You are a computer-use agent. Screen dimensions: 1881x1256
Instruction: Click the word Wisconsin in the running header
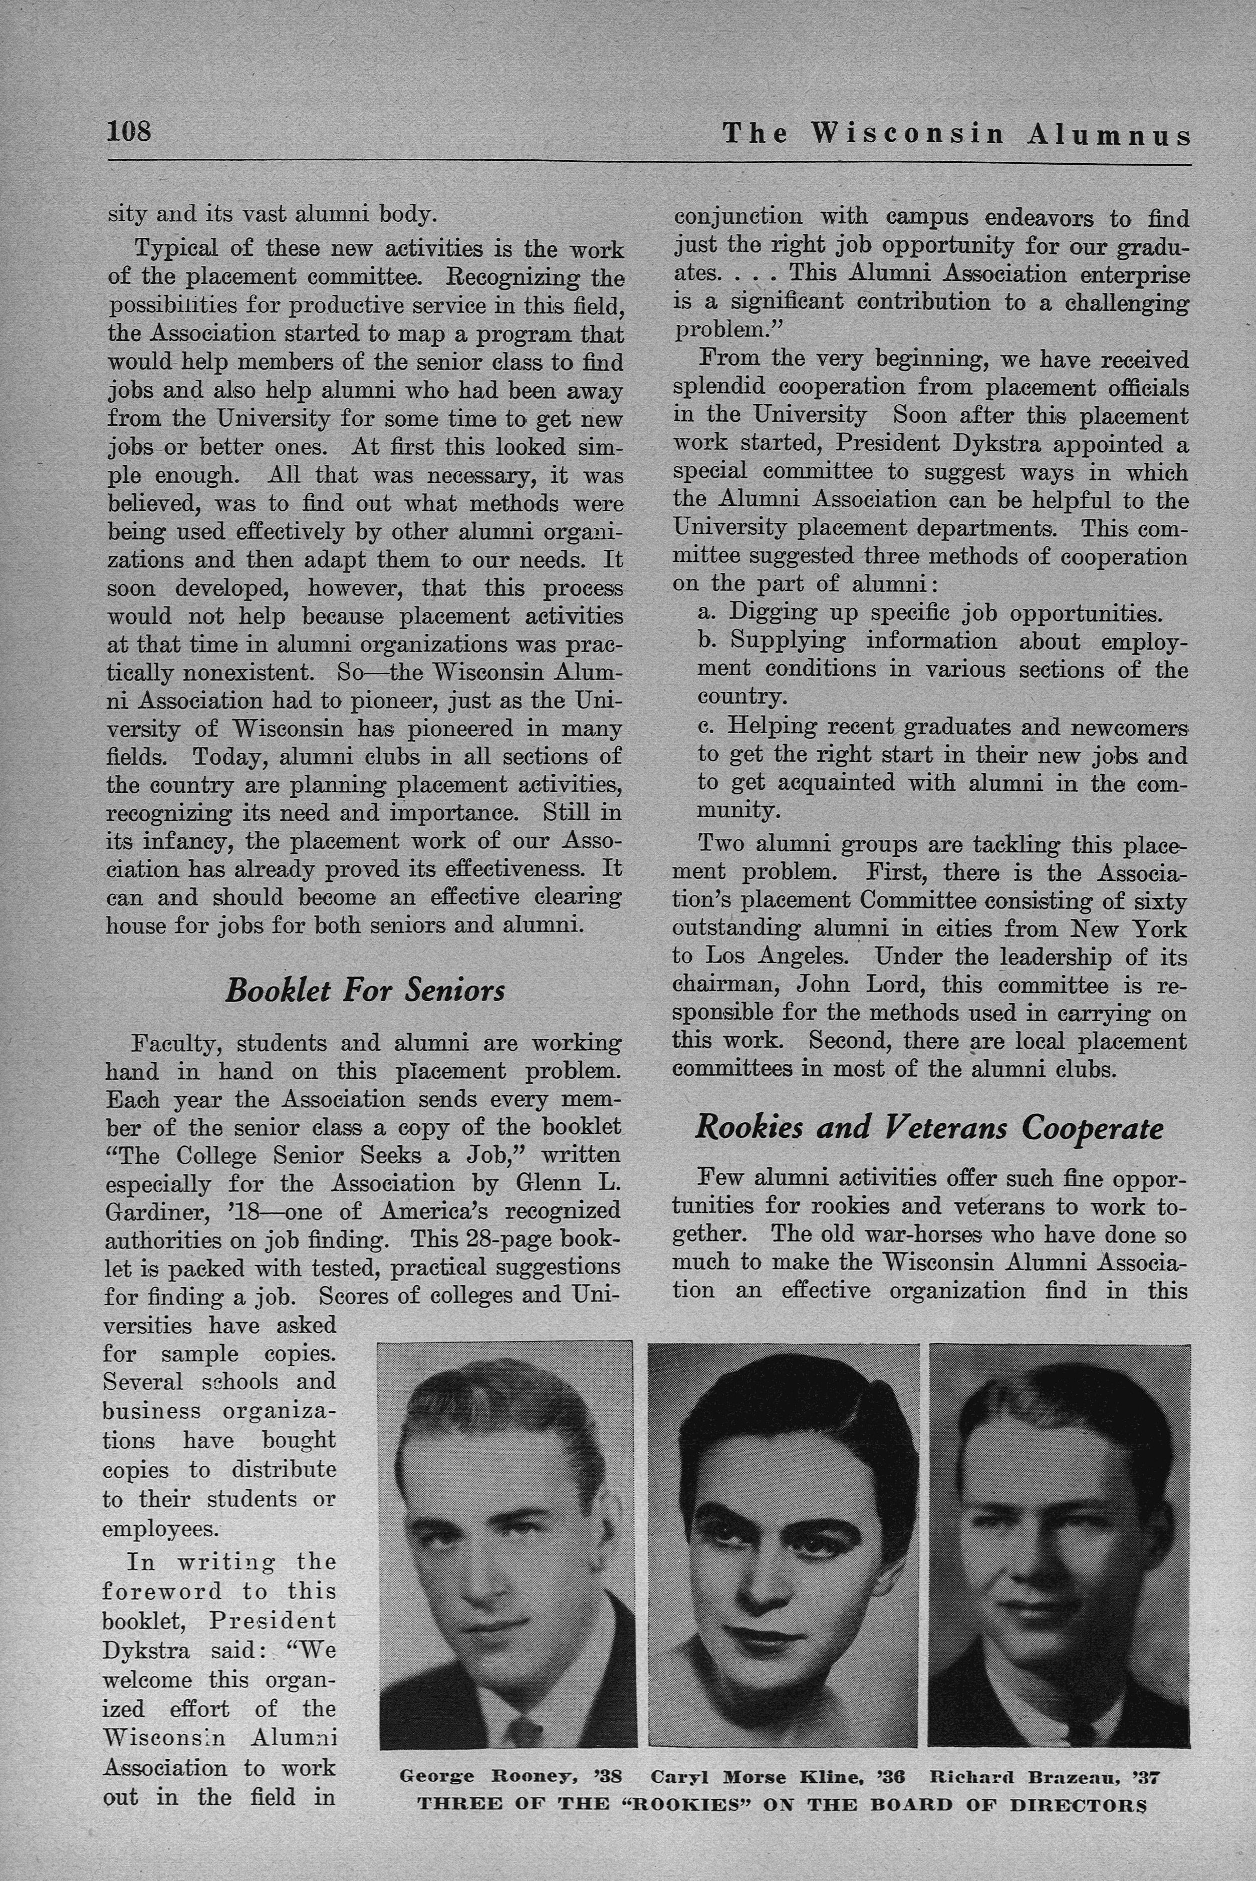click(x=908, y=134)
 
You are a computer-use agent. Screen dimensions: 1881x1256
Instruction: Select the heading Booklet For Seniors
click(x=365, y=991)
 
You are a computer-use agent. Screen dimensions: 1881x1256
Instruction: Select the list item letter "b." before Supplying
click(x=706, y=642)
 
